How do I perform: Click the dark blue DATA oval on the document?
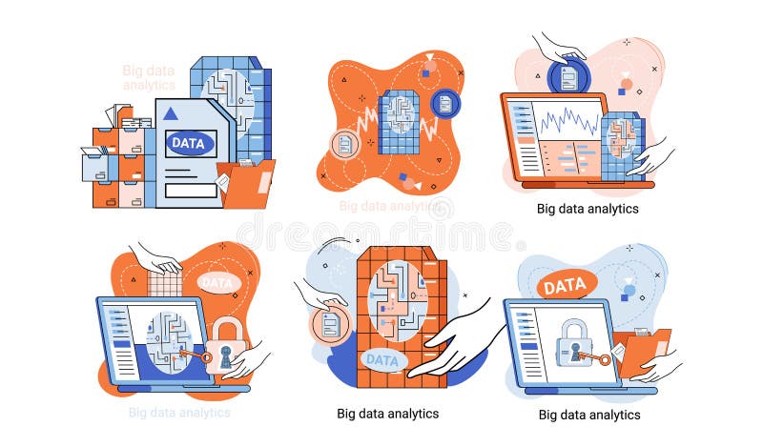[x=191, y=144]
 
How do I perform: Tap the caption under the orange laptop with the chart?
[x=588, y=208]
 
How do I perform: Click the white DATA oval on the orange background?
[x=219, y=282]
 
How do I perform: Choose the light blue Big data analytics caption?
[x=179, y=413]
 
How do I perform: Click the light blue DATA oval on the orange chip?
[x=382, y=360]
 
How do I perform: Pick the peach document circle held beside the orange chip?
[x=331, y=325]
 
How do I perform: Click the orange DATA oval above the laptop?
[x=566, y=284]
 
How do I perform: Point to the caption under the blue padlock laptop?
[x=589, y=415]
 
